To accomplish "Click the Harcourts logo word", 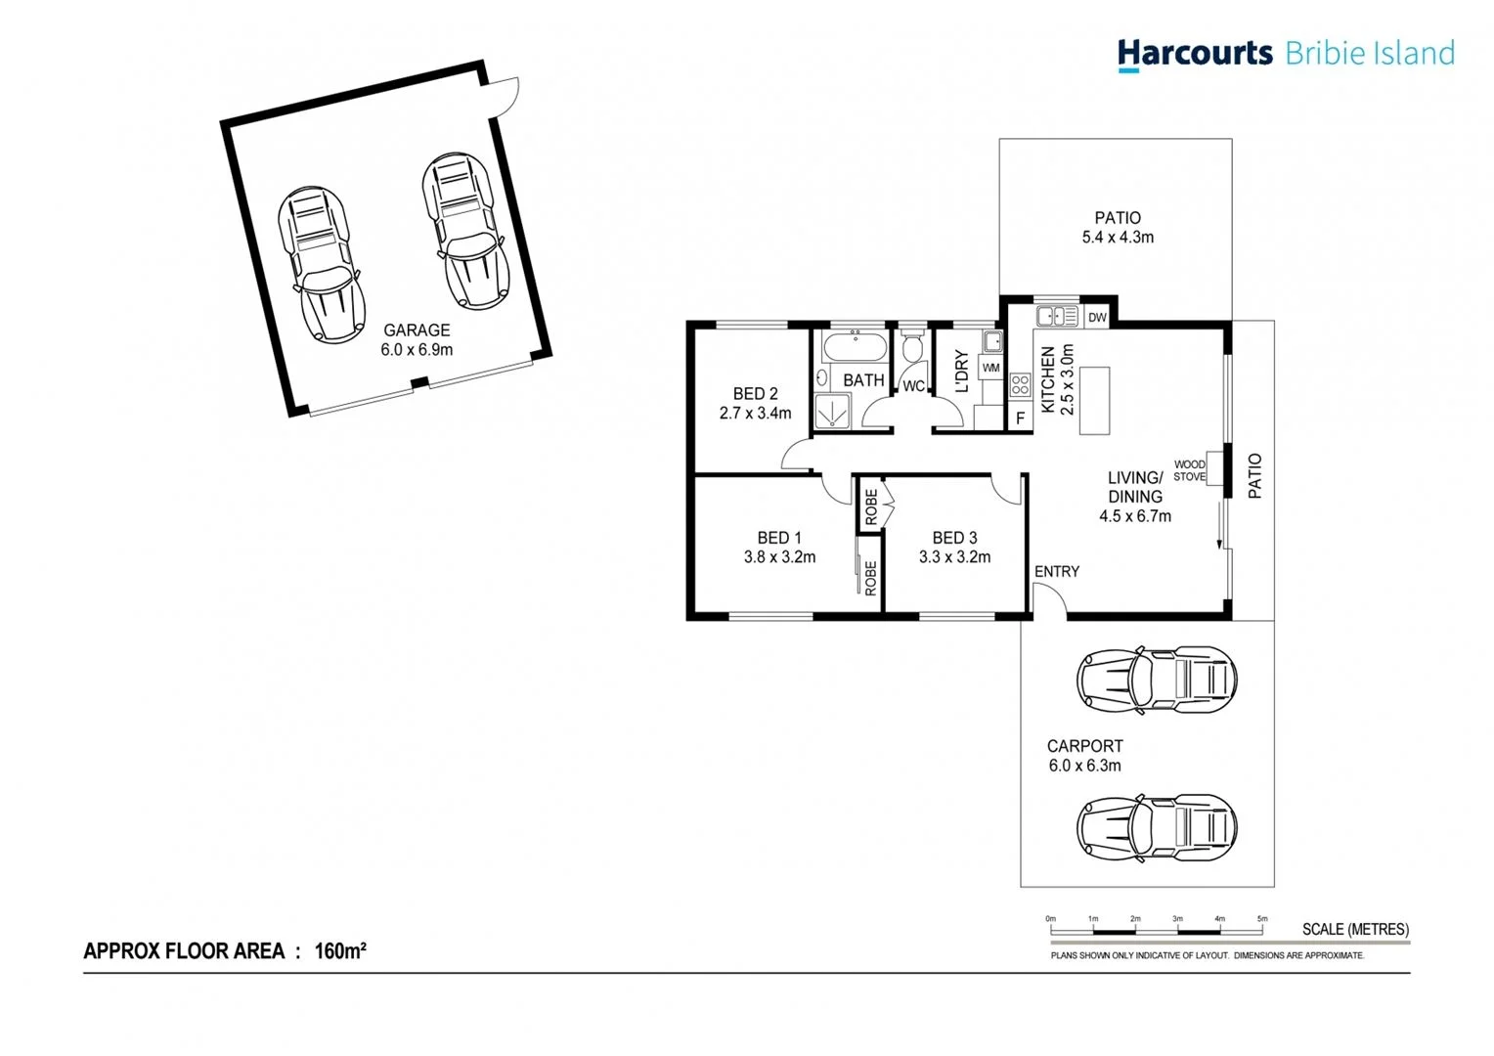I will [x=1195, y=53].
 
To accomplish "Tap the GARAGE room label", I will [x=417, y=330].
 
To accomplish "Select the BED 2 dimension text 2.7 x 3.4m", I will [x=755, y=414].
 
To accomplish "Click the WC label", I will [x=913, y=386].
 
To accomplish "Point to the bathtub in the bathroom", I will [x=855, y=347].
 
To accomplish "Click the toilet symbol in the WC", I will [x=913, y=347].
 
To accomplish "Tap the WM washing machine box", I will [x=990, y=369].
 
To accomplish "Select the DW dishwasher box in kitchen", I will [x=1097, y=317].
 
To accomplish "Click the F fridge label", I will [x=1020, y=418].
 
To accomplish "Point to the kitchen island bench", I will [x=1094, y=401].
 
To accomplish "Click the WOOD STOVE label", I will [x=1189, y=471].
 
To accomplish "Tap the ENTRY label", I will [x=1057, y=572].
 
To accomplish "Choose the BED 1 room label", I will [x=779, y=538].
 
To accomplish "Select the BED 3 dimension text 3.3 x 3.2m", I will [x=954, y=557].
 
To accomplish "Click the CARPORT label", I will [x=1084, y=746].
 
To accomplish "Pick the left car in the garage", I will [x=321, y=263].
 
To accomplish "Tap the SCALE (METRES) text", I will [x=1355, y=930].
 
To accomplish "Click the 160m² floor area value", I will [x=340, y=951].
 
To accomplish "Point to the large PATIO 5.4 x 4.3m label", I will [x=1118, y=228].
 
